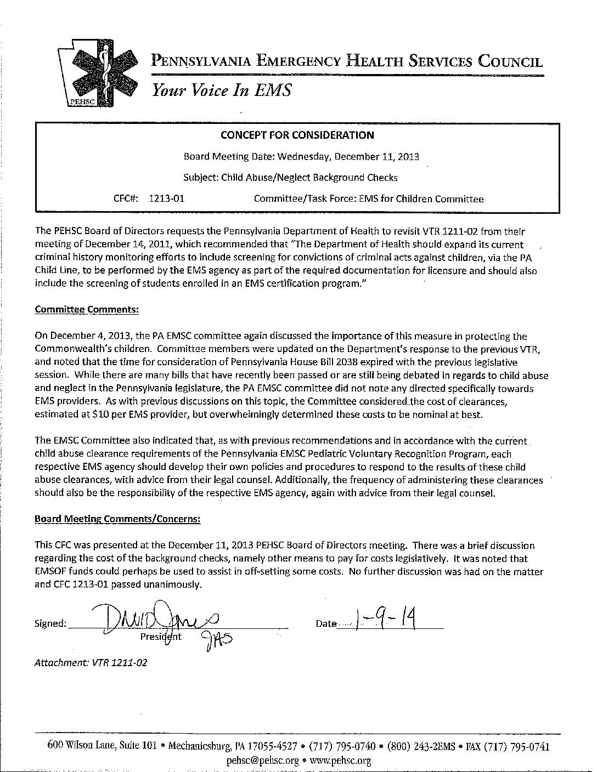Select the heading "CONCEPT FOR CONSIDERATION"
[297, 135]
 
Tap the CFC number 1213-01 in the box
[167, 198]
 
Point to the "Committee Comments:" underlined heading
[87, 309]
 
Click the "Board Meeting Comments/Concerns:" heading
[117, 518]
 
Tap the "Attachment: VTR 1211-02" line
[91, 662]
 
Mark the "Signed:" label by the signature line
[50, 623]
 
